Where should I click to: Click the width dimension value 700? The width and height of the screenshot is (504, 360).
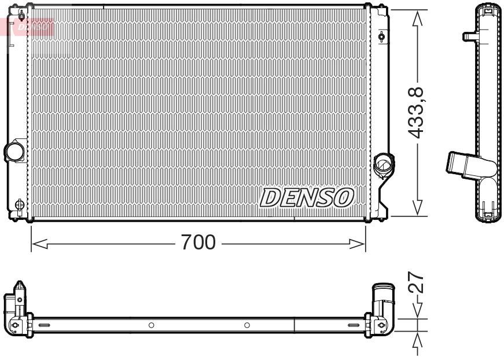[x=198, y=243]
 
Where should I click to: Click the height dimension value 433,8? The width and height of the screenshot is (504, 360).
[x=417, y=112]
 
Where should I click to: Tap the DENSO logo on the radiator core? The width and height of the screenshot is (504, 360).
[x=307, y=197]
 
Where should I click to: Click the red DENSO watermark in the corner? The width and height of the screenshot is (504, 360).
[x=32, y=26]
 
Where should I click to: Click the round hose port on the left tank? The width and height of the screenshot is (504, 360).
[x=14, y=152]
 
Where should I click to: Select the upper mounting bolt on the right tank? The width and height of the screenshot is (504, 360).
[x=381, y=38]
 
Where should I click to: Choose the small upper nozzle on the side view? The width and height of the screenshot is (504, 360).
[x=469, y=36]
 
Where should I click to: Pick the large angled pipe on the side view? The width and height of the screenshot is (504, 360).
[x=463, y=163]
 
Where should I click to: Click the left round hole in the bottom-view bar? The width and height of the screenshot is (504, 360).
[x=151, y=325]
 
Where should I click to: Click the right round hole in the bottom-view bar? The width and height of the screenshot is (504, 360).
[x=247, y=325]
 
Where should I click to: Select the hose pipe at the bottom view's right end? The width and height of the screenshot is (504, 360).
[x=383, y=298]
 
